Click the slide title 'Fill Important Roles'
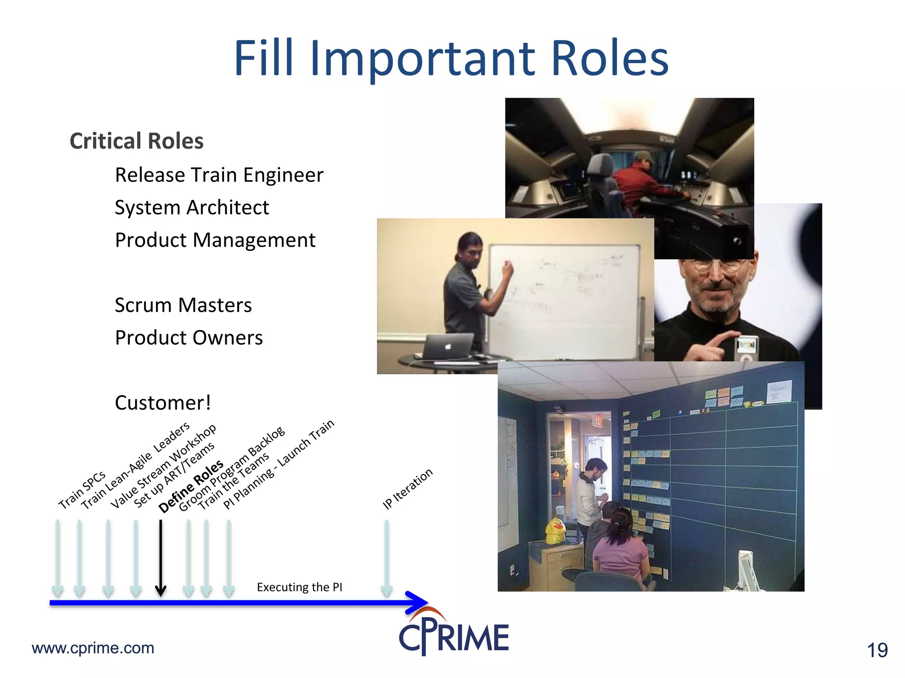click(x=451, y=58)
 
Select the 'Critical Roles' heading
click(x=137, y=141)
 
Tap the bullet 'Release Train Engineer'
click(x=219, y=175)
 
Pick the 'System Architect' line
click(x=192, y=208)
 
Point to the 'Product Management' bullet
click(x=215, y=241)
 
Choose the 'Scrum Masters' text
click(x=183, y=305)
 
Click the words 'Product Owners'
click(x=189, y=338)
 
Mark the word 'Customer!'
click(x=163, y=403)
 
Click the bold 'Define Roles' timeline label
click(x=191, y=487)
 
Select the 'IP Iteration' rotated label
click(x=407, y=489)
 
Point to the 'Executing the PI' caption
click(x=299, y=587)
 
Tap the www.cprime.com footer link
click(x=93, y=648)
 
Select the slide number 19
click(x=877, y=650)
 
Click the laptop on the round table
click(x=448, y=347)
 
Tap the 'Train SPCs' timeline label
click(x=82, y=490)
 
